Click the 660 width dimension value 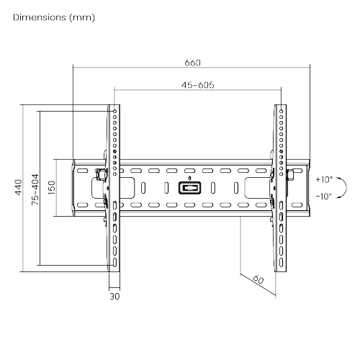pyautogui.click(x=192, y=62)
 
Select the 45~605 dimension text pyautogui.click(x=196, y=84)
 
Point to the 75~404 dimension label pyautogui.click(x=35, y=189)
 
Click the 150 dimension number pyautogui.click(x=52, y=189)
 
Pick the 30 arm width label pyautogui.click(x=114, y=295)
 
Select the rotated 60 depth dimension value pyautogui.click(x=258, y=280)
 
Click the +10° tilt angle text pyautogui.click(x=323, y=179)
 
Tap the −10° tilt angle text pyautogui.click(x=323, y=196)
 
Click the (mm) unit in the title pyautogui.click(x=81, y=17)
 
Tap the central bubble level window pyautogui.click(x=189, y=189)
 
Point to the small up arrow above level pyautogui.click(x=189, y=178)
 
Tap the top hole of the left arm pyautogui.click(x=114, y=110)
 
